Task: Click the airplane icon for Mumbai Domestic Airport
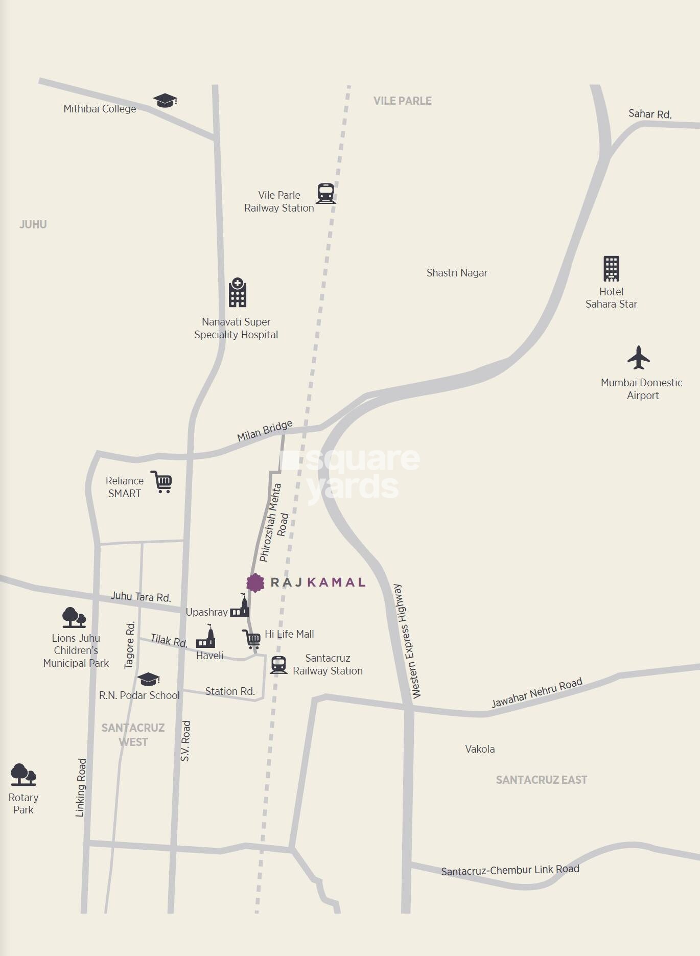pos(638,358)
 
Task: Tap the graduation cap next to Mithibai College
pos(165,100)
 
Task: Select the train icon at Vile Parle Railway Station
pos(325,194)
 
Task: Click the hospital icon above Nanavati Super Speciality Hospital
pos(238,293)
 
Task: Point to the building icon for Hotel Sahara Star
pos(611,269)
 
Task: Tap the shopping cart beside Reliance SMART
pos(161,482)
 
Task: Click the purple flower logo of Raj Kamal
pos(255,582)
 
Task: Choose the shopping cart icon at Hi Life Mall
pos(251,639)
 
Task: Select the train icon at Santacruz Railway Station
pos(278,665)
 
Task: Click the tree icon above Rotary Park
pos(23,775)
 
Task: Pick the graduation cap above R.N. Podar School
pos(149,679)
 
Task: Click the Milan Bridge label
pos(265,431)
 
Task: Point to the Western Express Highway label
pos(407,642)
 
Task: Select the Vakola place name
pos(480,749)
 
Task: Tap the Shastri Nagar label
pos(457,273)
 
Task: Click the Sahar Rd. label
pos(650,114)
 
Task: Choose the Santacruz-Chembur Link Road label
pos(510,870)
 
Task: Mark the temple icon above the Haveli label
pos(206,637)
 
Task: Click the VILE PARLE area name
pos(403,101)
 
